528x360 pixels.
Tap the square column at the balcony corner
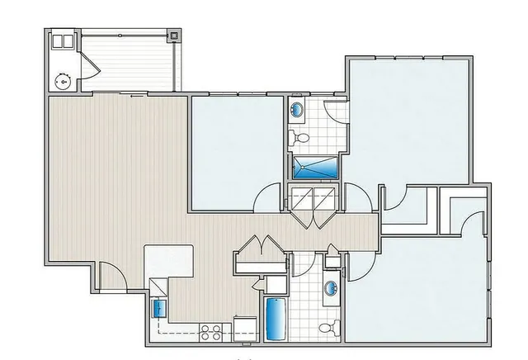[173, 36]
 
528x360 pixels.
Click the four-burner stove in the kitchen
[210, 333]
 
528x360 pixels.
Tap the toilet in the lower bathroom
[328, 328]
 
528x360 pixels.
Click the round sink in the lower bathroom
[331, 289]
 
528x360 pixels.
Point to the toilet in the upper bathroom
[301, 138]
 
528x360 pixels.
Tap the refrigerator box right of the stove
[245, 329]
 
